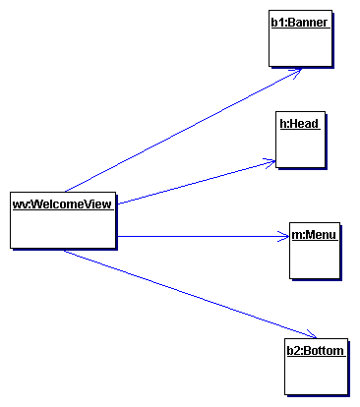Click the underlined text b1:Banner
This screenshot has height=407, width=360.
click(x=300, y=21)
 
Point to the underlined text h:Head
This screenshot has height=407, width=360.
click(x=300, y=124)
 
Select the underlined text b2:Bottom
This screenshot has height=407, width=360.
click(x=315, y=349)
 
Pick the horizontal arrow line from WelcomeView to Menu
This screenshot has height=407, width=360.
click(x=197, y=236)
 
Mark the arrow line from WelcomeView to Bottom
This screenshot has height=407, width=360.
click(x=187, y=293)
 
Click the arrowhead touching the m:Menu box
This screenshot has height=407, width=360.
click(x=281, y=236)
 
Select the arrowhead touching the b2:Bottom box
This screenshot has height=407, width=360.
click(x=309, y=334)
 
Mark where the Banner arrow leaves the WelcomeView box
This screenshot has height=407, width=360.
click(x=65, y=191)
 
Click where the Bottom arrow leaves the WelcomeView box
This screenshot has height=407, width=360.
click(x=65, y=250)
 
